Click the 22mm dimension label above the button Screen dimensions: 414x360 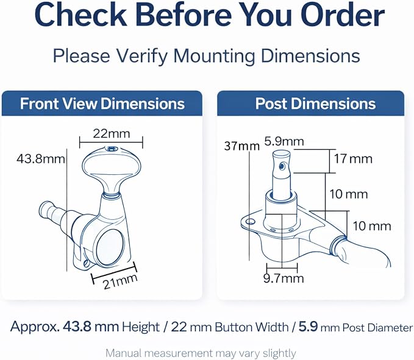112,134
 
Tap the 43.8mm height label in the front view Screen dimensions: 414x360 41,159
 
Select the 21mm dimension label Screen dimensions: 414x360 120,281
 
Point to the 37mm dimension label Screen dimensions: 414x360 242,146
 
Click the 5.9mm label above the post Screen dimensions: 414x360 284,142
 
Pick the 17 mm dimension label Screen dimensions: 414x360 353,159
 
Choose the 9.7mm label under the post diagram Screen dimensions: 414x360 284,278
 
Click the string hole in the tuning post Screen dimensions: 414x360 282,166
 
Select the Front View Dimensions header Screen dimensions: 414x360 102,104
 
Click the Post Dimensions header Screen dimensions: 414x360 315,104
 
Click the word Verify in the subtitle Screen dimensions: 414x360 144,56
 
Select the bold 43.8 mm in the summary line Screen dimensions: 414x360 91,327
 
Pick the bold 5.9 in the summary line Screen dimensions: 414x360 308,327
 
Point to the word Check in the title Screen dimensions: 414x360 81,15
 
